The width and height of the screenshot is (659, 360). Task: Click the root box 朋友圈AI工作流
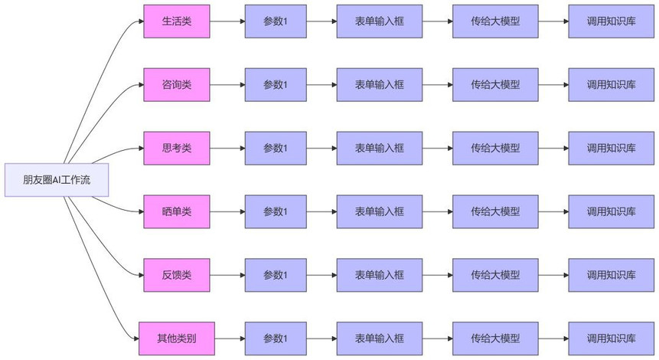click(57, 180)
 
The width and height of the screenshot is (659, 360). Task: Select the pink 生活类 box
click(177, 21)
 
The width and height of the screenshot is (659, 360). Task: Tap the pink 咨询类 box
click(177, 85)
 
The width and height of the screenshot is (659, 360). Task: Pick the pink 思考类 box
click(177, 148)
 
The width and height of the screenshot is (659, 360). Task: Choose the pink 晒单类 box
click(177, 211)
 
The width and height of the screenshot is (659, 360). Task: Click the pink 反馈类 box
click(177, 275)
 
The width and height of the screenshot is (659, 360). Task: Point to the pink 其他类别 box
click(177, 339)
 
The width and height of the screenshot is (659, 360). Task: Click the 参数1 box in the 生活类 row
click(276, 21)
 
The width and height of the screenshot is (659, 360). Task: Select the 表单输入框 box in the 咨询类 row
click(380, 85)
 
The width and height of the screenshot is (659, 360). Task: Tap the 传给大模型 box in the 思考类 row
click(495, 148)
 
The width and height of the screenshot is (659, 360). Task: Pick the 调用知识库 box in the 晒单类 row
click(611, 211)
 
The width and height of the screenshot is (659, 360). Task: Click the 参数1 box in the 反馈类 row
click(276, 275)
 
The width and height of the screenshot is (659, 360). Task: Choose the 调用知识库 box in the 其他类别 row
click(611, 339)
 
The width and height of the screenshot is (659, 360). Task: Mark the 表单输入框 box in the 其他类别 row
click(380, 339)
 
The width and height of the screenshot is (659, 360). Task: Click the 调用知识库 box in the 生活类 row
click(611, 21)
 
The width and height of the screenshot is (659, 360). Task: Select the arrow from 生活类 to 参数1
click(227, 21)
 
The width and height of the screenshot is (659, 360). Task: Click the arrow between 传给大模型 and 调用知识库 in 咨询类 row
click(553, 85)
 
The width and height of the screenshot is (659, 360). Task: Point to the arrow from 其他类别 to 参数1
click(230, 339)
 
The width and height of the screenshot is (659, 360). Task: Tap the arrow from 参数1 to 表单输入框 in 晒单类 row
click(321, 211)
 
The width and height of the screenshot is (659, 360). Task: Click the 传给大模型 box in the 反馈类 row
click(495, 275)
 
